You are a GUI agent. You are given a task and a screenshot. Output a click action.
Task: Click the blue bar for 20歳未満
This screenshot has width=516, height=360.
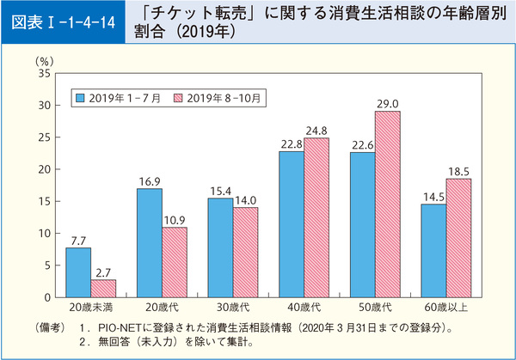pos(79,272)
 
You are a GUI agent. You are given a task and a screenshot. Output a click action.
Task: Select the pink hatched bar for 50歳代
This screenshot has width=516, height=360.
pos(388,204)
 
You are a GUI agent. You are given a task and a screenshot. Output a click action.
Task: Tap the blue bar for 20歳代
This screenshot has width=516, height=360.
pos(150,242)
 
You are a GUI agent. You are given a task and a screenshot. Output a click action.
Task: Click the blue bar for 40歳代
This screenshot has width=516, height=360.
pos(291,223)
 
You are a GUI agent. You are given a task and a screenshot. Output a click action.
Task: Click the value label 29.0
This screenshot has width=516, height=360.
pos(388,103)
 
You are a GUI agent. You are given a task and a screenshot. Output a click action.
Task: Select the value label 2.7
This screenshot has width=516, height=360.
pos(104,272)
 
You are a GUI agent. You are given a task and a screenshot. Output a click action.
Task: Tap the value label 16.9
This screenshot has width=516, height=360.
pos(150,180)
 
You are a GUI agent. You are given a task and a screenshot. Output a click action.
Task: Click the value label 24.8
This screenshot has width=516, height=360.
pos(316,131)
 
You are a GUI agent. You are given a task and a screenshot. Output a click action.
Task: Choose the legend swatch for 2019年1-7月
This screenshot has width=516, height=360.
pos(81,97)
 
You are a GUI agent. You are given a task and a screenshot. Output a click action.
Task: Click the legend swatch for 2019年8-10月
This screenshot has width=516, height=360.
pos(179,97)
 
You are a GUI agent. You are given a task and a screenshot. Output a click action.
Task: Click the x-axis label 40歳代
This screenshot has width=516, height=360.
pos(304,306)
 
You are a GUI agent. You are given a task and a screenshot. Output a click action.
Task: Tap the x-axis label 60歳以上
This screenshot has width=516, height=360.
pos(445,306)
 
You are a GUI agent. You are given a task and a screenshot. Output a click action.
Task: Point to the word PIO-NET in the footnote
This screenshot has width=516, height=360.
pos(119,328)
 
